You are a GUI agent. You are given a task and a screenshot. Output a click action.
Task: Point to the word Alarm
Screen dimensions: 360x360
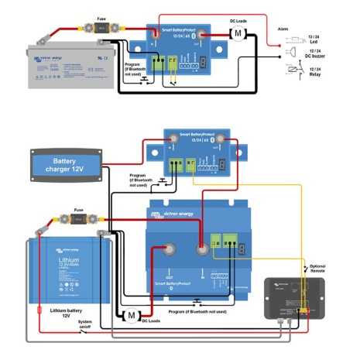click(284, 26)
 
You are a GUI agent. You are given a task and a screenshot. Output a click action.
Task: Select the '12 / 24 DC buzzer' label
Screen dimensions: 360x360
click(315, 56)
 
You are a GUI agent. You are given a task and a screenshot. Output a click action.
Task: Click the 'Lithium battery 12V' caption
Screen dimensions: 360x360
click(61, 313)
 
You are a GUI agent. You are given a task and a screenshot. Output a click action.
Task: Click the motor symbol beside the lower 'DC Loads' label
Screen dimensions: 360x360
click(131, 315)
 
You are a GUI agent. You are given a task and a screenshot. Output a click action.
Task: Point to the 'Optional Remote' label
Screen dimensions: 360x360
click(317, 268)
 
